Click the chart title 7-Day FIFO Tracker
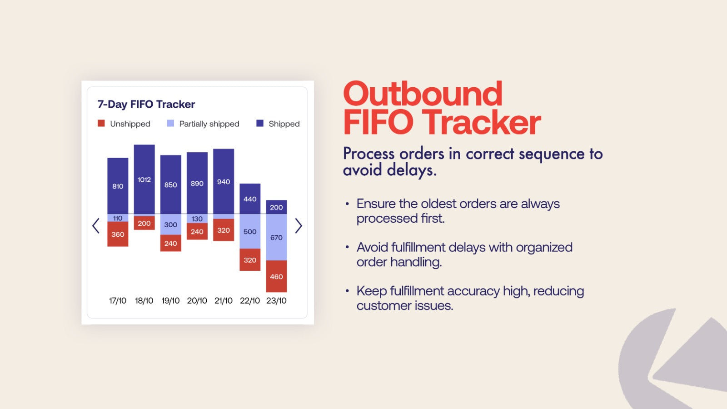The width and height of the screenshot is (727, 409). (x=146, y=105)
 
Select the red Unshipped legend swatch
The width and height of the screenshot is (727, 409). (x=101, y=123)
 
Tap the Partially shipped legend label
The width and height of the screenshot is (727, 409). (x=209, y=124)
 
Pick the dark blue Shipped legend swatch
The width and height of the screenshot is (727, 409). (x=260, y=123)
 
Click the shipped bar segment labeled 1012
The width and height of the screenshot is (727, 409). (x=144, y=179)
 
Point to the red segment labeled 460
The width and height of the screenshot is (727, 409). (x=276, y=276)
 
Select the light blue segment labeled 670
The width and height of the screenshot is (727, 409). (x=276, y=237)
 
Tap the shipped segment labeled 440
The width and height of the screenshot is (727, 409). (x=250, y=199)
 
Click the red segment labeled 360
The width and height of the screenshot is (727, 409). (x=118, y=234)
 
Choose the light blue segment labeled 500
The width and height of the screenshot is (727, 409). (x=250, y=231)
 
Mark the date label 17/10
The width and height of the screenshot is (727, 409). (x=118, y=300)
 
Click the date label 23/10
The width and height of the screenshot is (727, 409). (x=276, y=300)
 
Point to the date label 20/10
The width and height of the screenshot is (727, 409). (x=197, y=300)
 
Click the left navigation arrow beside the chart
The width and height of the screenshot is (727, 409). (x=96, y=226)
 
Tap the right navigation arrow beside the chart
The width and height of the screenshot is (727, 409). (x=298, y=226)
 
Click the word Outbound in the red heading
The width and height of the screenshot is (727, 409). (x=423, y=94)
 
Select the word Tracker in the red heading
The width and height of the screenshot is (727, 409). (x=483, y=123)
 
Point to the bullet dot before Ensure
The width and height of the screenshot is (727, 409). (x=347, y=204)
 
